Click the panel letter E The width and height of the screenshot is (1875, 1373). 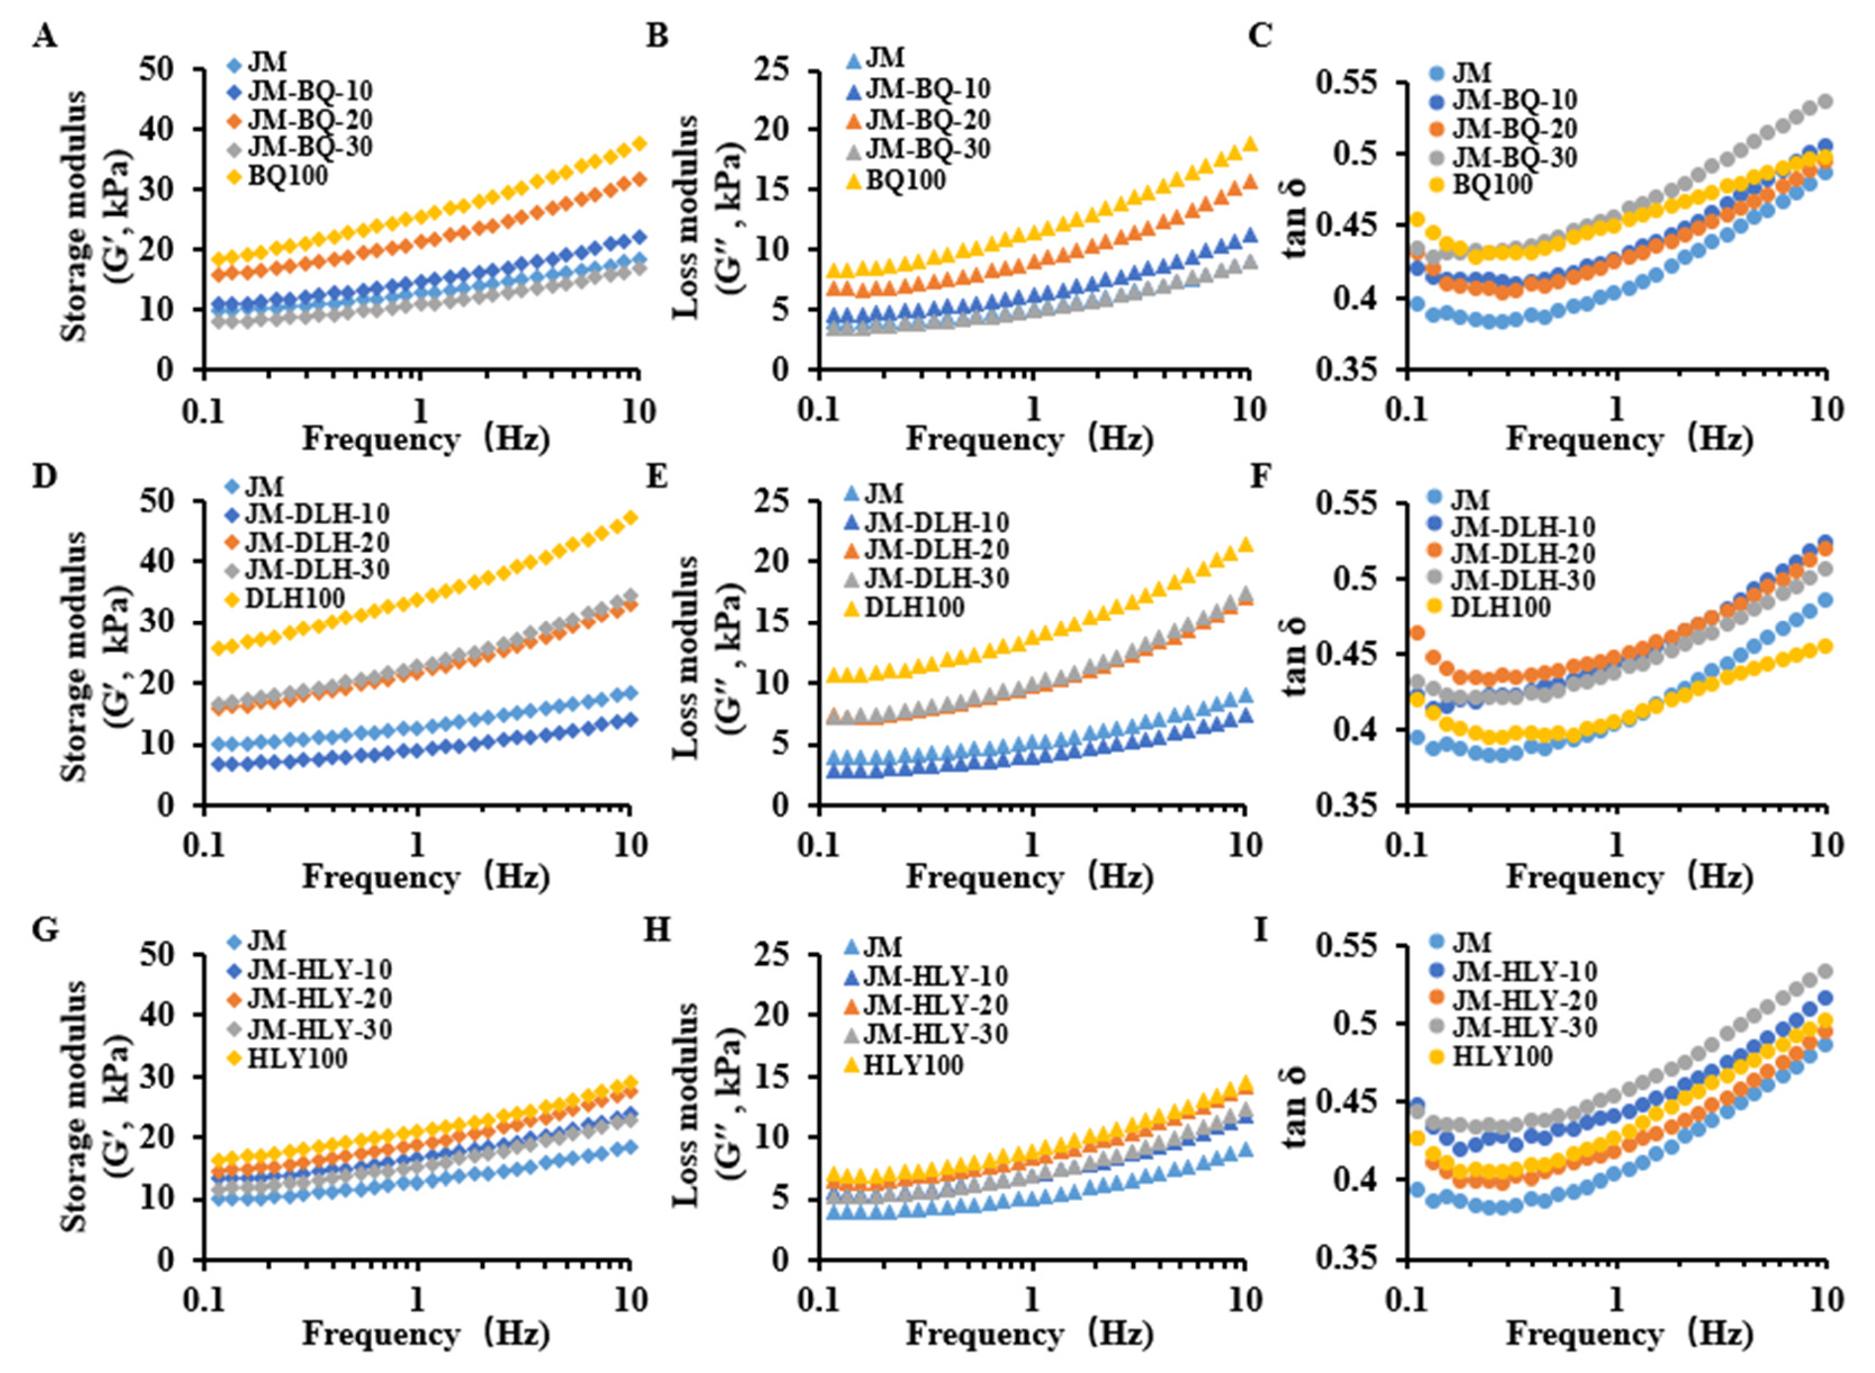(x=657, y=478)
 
